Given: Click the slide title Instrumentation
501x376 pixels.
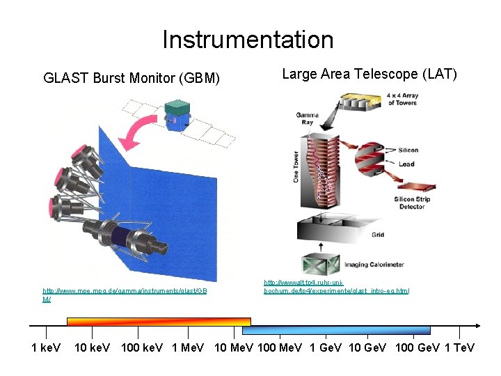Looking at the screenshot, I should (x=248, y=40).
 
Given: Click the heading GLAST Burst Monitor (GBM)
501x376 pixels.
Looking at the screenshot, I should (x=132, y=78).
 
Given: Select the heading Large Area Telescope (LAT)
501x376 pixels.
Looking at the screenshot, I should (x=369, y=74).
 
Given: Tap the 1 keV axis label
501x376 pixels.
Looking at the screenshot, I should (x=46, y=347).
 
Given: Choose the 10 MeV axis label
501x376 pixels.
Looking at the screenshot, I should (x=234, y=347).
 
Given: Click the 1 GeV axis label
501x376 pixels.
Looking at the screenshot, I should (x=326, y=347).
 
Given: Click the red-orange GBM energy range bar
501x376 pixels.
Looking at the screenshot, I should (x=158, y=321).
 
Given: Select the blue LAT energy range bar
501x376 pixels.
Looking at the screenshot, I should (x=336, y=330).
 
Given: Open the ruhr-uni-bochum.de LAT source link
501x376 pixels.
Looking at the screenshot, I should (x=336, y=287).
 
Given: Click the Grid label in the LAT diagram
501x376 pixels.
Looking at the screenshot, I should (x=377, y=235).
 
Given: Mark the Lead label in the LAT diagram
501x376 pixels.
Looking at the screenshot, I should (x=406, y=164).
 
